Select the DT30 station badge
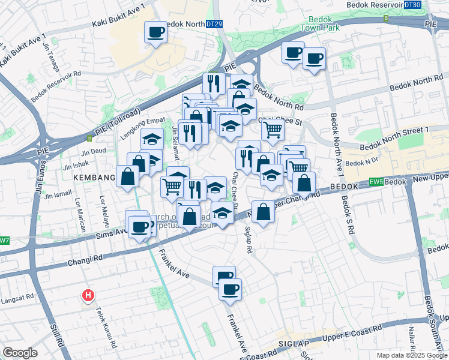click(x=412, y=5)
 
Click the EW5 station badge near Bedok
click(x=376, y=181)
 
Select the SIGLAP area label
click(x=293, y=344)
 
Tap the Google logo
click(x=20, y=352)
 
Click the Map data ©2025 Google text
click(x=411, y=355)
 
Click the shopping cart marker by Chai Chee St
click(x=273, y=128)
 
